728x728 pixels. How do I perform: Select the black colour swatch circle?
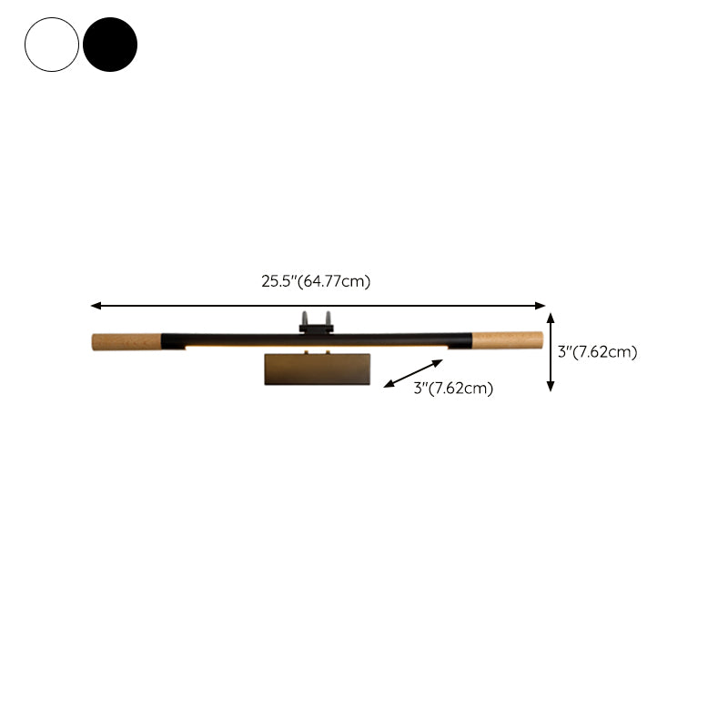point(110,45)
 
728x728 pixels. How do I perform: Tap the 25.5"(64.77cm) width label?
point(316,281)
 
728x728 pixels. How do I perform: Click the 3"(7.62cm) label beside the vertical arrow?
point(598,352)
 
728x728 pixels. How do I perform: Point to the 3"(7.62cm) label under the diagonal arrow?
point(453,389)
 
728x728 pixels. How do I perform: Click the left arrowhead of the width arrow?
point(96,306)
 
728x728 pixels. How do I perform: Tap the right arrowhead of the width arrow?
point(541,306)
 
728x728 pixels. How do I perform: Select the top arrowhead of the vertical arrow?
point(551,317)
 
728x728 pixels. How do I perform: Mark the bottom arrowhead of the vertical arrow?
point(551,387)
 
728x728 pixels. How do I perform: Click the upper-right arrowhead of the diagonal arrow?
point(439,362)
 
